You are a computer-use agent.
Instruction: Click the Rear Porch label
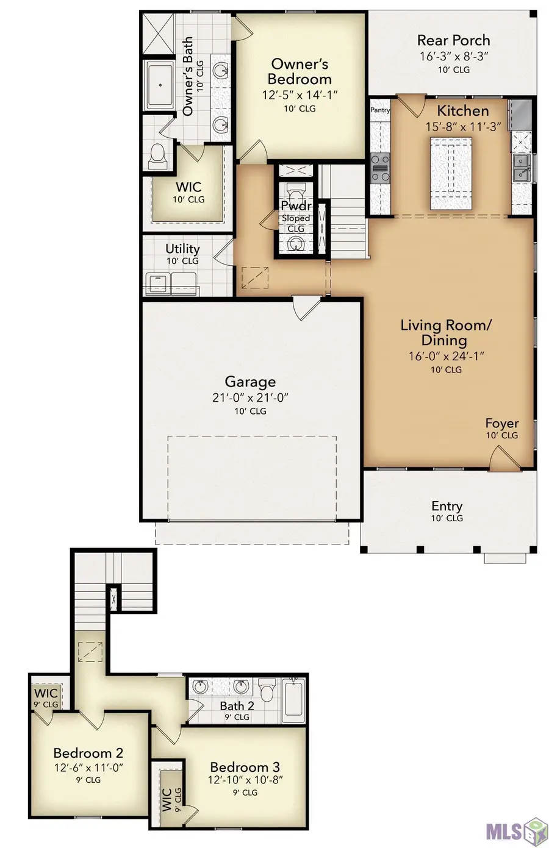point(453,41)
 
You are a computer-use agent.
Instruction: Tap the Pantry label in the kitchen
point(380,110)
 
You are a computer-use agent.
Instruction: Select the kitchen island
point(451,173)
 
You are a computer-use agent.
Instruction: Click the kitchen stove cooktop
point(381,168)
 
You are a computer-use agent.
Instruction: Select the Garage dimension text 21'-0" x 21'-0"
point(249,397)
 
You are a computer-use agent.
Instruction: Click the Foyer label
point(501,423)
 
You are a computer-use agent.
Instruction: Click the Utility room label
point(182,249)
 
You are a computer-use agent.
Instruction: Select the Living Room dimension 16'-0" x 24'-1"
point(446,356)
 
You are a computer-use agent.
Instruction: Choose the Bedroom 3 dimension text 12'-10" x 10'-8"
point(245,780)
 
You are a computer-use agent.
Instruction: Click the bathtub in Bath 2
point(293,699)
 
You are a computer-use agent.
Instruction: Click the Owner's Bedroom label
point(300,71)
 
